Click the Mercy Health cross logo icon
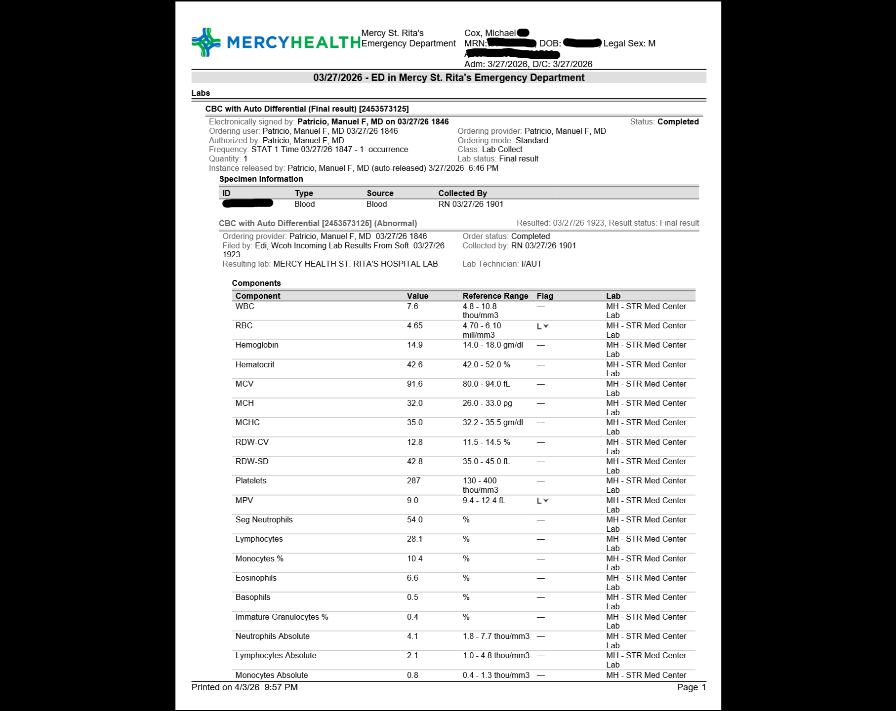tap(206, 42)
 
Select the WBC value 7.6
tap(412, 307)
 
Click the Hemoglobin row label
tap(257, 345)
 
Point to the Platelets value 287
tap(413, 481)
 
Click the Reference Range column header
tap(495, 296)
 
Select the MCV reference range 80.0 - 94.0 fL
tap(486, 384)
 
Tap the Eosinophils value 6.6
tap(412, 578)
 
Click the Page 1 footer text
tap(691, 687)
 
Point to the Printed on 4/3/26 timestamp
tap(244, 687)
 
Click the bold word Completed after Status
tap(678, 122)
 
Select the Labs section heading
tap(201, 93)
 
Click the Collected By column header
tap(462, 193)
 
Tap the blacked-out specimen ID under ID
tap(247, 203)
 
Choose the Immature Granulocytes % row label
tap(282, 617)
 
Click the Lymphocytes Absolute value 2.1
tap(412, 656)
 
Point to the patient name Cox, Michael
tap(489, 33)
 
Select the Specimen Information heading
tap(261, 179)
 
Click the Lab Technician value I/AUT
tap(531, 264)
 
